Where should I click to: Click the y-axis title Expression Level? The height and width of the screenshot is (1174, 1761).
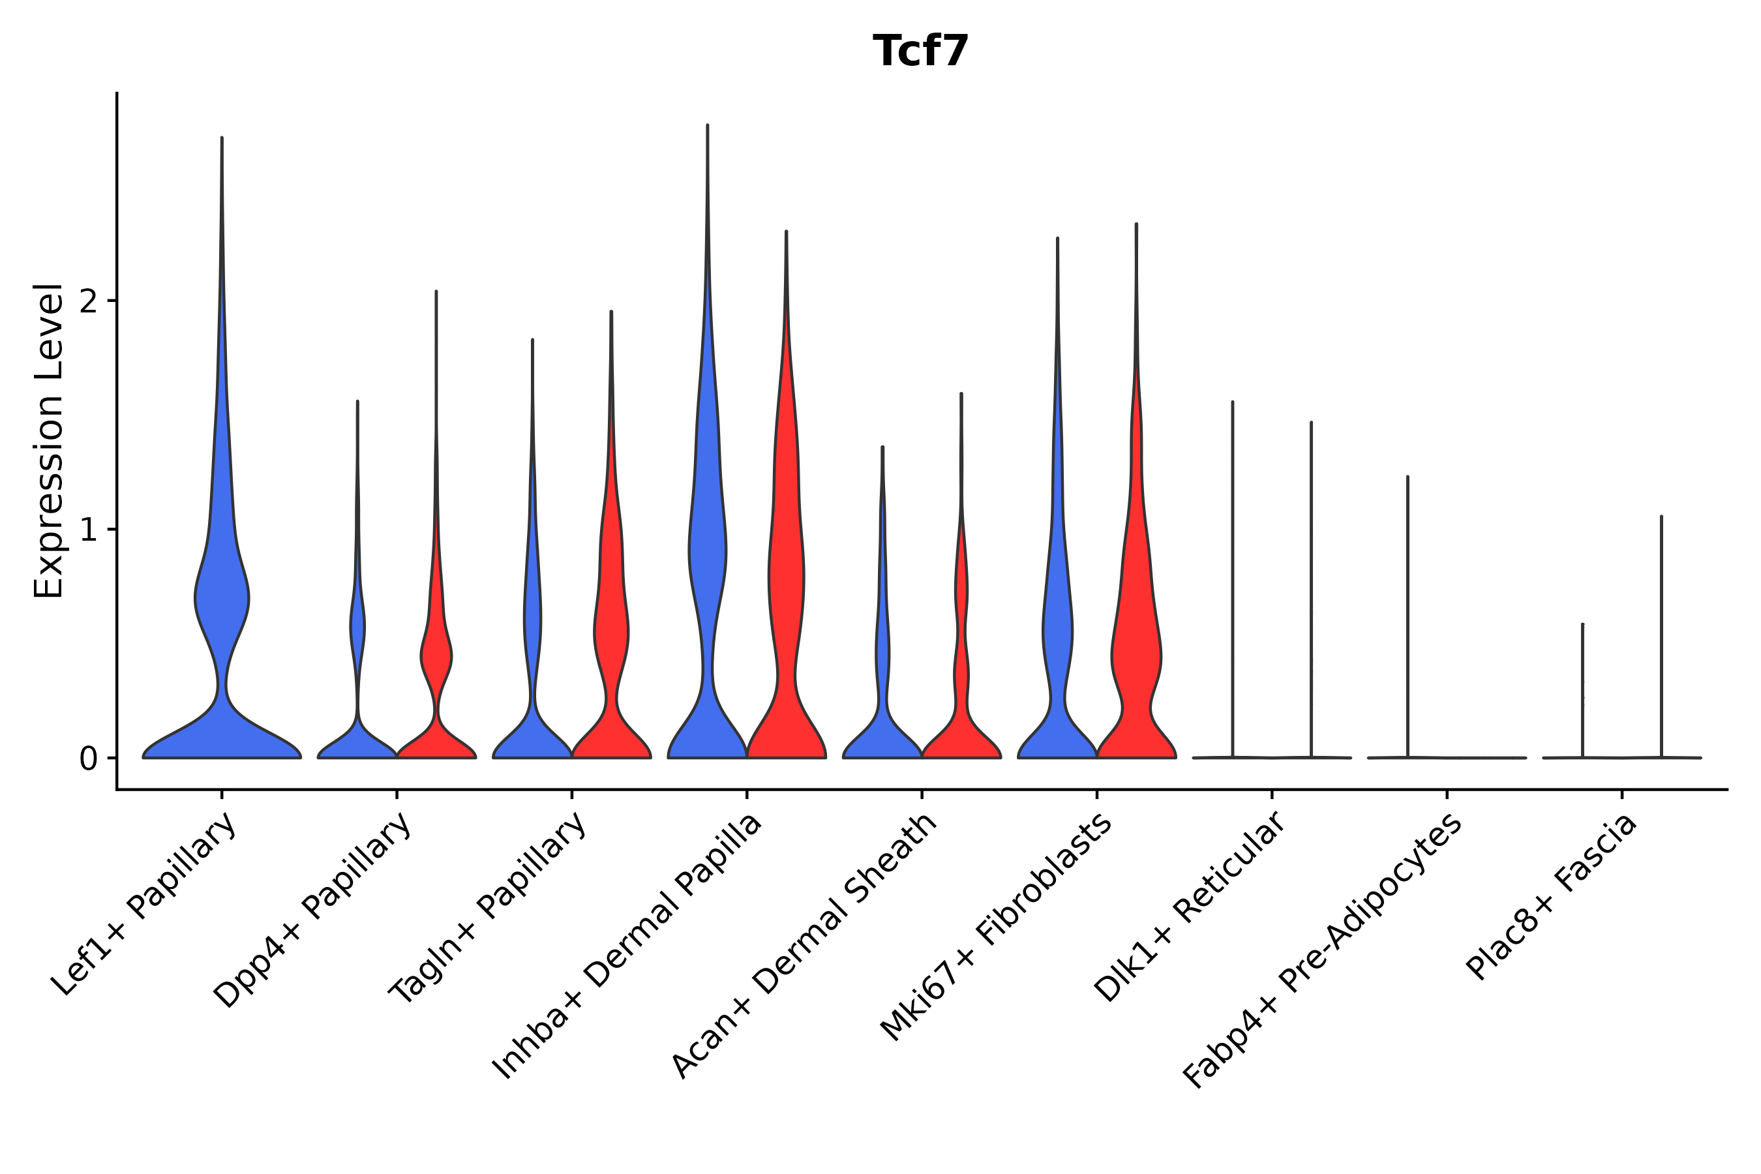tap(49, 440)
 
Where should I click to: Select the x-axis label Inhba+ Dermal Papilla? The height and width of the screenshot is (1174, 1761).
tap(627, 946)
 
